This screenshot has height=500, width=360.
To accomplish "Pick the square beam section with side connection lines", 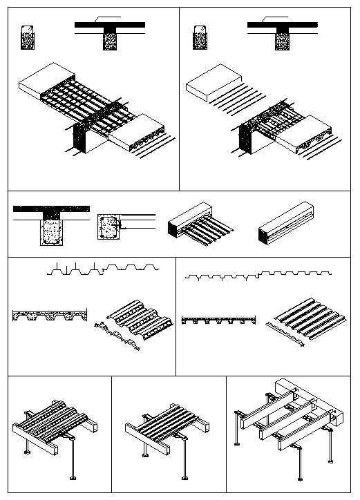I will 109,227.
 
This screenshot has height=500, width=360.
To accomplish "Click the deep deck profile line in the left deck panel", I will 104,269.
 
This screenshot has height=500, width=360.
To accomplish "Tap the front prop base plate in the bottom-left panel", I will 73,477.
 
